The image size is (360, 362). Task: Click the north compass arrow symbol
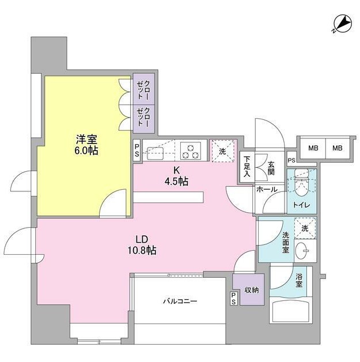click(343, 24)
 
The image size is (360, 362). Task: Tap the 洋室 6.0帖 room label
click(86, 145)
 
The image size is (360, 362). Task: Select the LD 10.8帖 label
click(142, 245)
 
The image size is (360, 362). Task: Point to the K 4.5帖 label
click(176, 176)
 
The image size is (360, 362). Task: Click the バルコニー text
click(180, 301)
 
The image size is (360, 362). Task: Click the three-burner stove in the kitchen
click(191, 150)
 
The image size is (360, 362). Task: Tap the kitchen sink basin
click(155, 153)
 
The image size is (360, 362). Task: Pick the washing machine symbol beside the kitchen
click(223, 151)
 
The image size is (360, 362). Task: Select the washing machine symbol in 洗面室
click(305, 228)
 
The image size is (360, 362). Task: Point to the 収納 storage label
click(252, 290)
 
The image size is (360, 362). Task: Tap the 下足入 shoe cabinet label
click(247, 167)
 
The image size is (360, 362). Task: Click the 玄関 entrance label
click(271, 168)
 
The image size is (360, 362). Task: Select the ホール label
click(267, 190)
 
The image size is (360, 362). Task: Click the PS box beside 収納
click(234, 299)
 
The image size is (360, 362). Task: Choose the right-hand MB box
click(338, 148)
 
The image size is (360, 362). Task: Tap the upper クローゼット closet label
click(143, 90)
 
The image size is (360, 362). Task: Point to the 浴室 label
click(298, 281)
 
